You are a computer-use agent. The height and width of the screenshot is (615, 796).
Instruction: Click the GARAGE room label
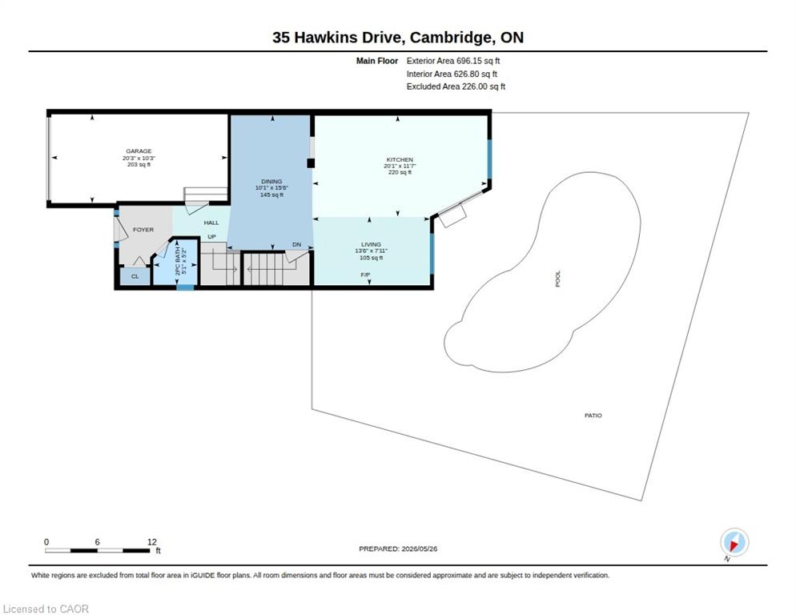pos(139,151)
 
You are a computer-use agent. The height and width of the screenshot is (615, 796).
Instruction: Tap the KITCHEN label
pos(400,159)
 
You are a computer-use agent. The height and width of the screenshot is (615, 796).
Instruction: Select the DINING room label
pos(271,181)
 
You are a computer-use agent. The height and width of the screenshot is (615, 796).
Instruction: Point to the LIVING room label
pos(371,244)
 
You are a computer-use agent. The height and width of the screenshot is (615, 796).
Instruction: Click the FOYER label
pos(143,230)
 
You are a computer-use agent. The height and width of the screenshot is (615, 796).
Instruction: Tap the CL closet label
pos(135,276)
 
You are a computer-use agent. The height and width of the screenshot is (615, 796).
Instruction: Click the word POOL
pos(558,279)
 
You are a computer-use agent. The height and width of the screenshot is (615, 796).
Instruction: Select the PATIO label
pos(593,416)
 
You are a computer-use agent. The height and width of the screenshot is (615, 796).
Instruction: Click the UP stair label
pos(211,237)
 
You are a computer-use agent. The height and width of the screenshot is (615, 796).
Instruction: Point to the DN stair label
pos(296,245)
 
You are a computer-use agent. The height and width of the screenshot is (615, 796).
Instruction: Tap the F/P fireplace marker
pos(365,275)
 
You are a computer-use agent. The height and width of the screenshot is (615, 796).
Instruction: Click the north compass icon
pos(734,542)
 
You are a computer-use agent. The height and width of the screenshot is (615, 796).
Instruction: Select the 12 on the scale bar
pos(152,542)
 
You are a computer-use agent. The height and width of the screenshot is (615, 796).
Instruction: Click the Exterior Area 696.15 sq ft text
pos(452,61)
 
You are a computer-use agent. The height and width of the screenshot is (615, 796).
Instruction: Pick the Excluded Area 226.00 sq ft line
pos(456,86)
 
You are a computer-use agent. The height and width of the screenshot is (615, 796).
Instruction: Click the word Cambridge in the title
pos(450,38)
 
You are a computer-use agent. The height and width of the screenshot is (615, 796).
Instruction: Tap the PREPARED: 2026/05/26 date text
pos(398,549)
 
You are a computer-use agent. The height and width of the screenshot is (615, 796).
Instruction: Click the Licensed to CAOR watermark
pos(46,609)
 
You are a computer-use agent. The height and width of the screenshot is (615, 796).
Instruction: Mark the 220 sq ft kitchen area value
pos(400,173)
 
